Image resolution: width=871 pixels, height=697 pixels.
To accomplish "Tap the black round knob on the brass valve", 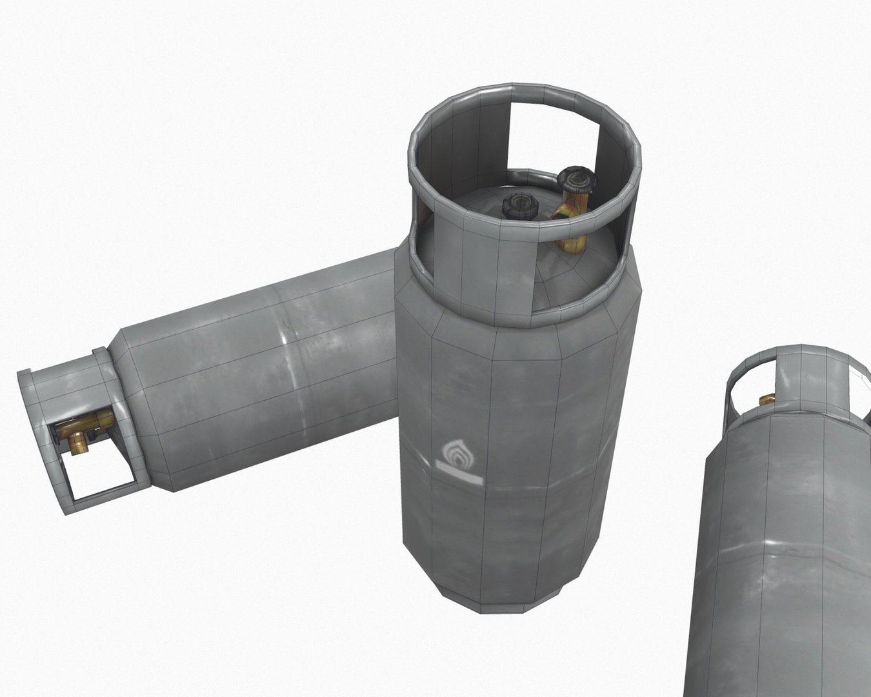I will (x=575, y=178).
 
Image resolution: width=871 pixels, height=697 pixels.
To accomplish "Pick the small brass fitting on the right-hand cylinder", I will (x=767, y=400).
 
